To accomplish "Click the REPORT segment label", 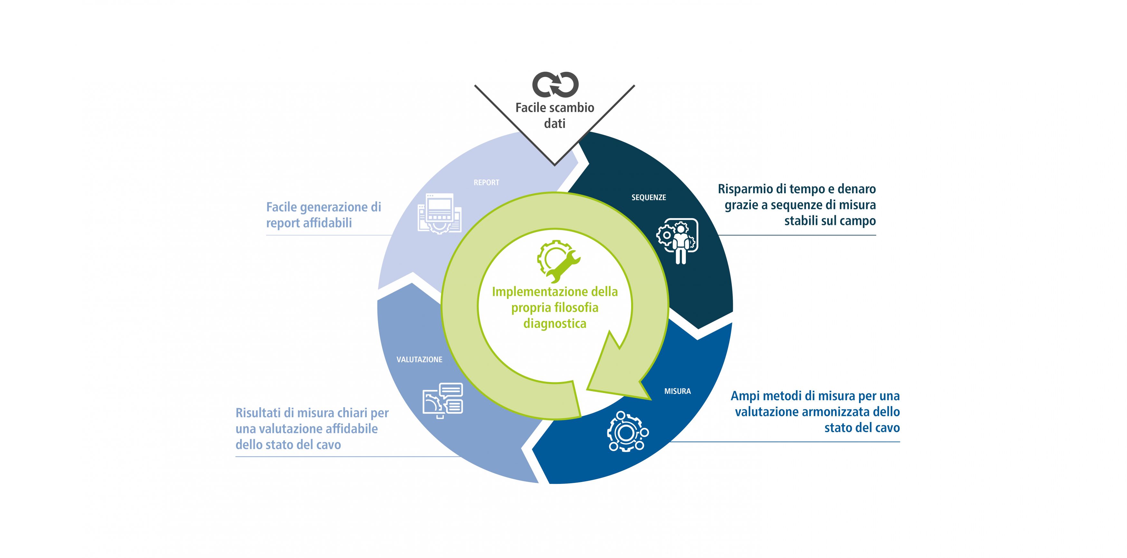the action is click(x=486, y=182).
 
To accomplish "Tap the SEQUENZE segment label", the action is click(x=649, y=197).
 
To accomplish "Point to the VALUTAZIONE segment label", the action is click(x=419, y=359).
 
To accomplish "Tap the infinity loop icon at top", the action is click(x=555, y=84).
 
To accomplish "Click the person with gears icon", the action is click(x=677, y=241).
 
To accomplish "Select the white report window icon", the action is click(x=440, y=213).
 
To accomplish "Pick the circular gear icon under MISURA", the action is click(x=627, y=431).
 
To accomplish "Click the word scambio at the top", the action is click(x=573, y=108).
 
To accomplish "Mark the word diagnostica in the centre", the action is click(x=555, y=324).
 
